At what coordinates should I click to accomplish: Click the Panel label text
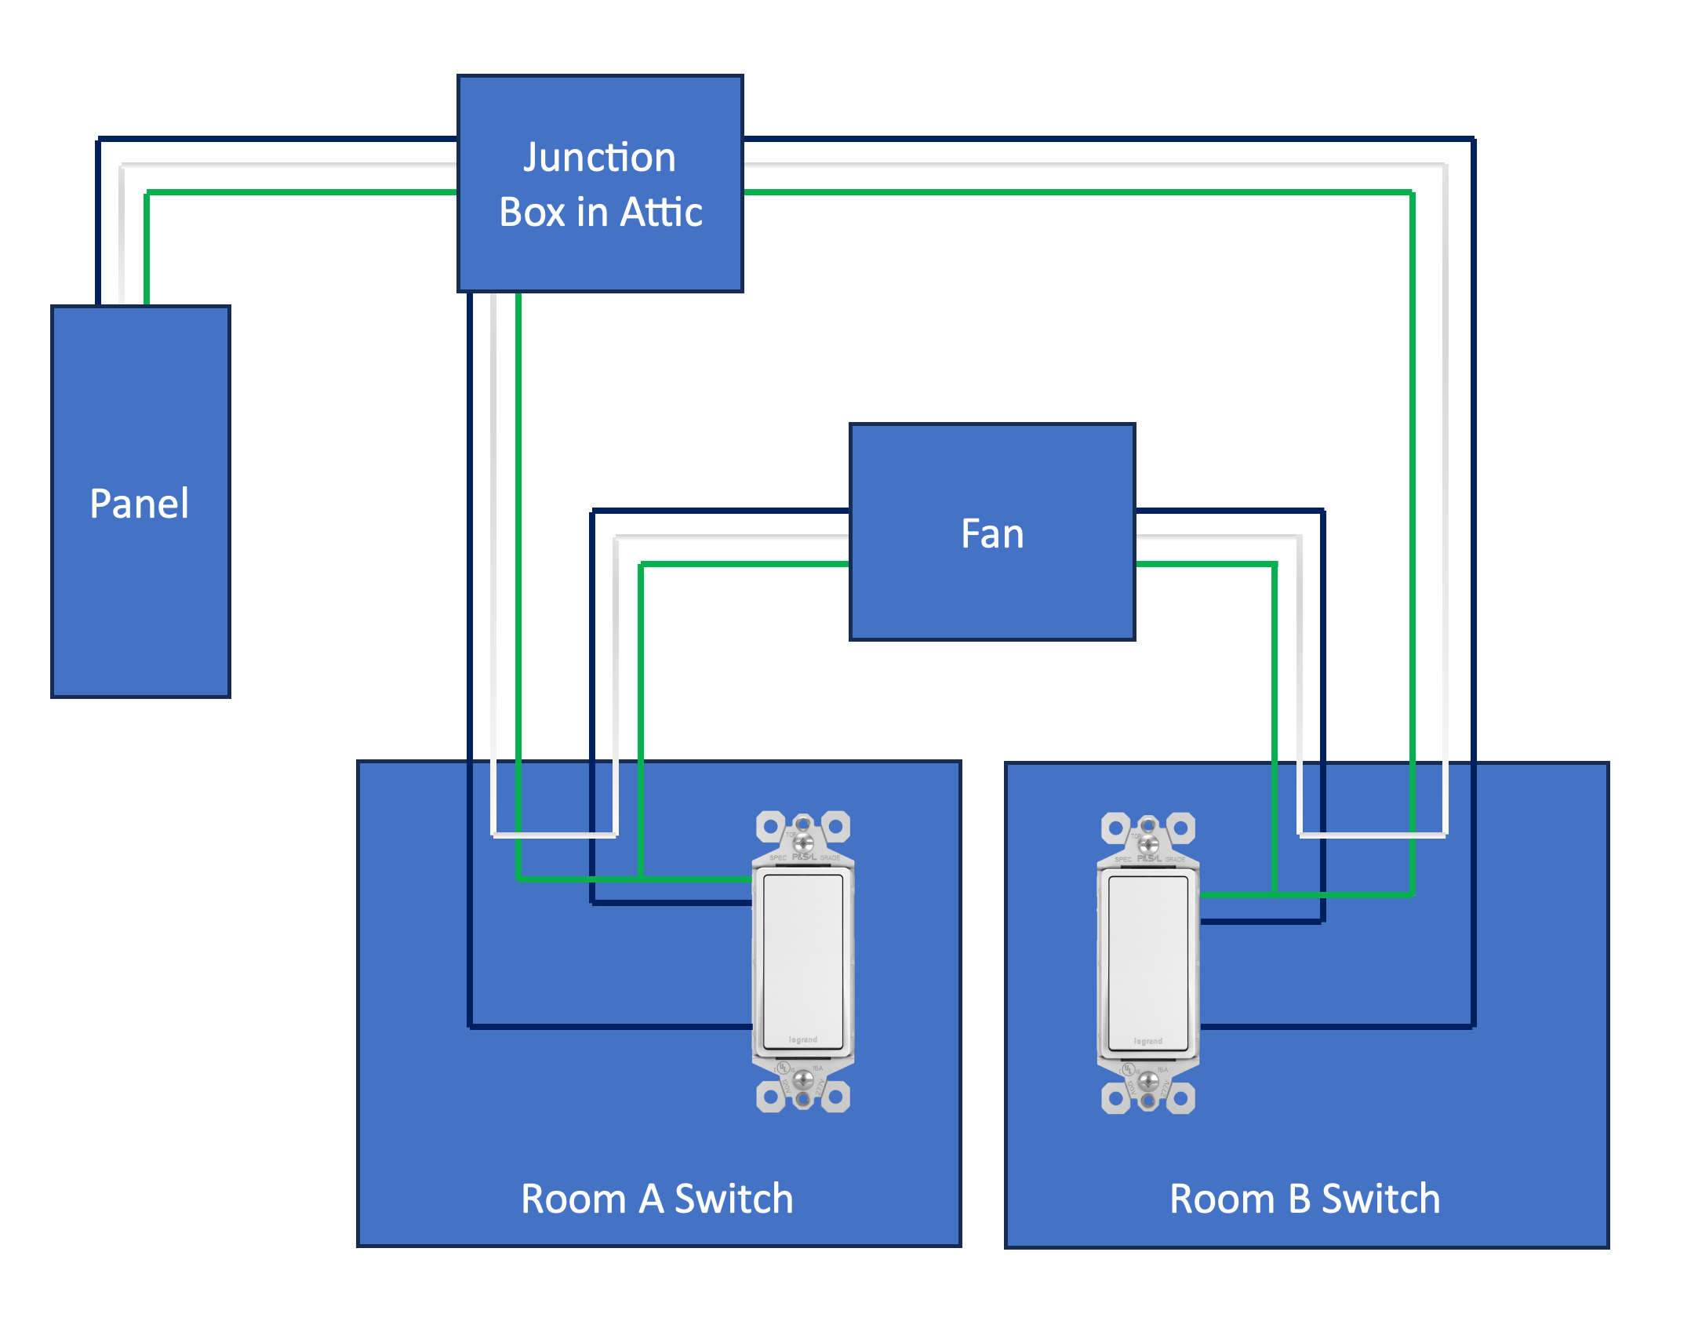coord(139,504)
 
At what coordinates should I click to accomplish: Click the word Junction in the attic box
coord(599,158)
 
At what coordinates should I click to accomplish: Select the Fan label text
coord(992,534)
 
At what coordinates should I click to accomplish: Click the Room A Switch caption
coord(657,1199)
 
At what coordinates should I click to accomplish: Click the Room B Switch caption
coord(1304,1199)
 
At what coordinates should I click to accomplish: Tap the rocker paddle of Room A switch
coord(802,961)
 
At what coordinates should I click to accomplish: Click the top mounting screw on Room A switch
coord(803,843)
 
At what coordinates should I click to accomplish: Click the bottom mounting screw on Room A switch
coord(802,1080)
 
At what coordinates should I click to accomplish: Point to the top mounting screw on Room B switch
coord(1148,844)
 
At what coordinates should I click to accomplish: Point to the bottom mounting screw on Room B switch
coord(1147,1082)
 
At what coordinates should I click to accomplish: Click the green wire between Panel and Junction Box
coord(298,191)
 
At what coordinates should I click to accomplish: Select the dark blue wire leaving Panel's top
coord(98,235)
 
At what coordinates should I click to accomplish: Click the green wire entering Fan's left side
coord(745,563)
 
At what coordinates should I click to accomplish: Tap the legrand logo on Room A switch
coord(802,1039)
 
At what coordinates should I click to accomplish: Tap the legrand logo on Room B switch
coord(1147,1041)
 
